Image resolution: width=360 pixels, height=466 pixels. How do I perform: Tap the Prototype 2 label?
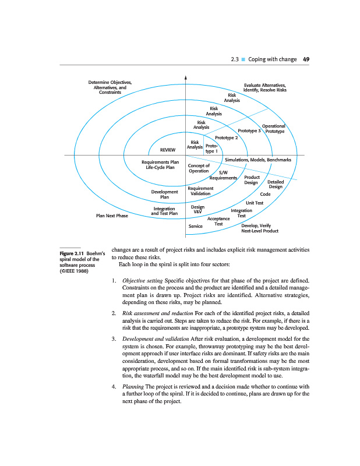point(227,137)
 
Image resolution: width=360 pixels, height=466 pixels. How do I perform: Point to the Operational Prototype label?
point(274,129)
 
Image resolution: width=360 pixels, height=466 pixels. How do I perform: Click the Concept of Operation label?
point(199,168)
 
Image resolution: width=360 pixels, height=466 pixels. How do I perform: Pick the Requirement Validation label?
point(200,191)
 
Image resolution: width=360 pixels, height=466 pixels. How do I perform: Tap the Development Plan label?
point(164,194)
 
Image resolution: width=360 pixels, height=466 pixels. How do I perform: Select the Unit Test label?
point(255,203)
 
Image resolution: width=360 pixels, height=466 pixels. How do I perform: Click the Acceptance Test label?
point(219,221)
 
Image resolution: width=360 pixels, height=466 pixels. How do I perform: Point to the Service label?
point(195,225)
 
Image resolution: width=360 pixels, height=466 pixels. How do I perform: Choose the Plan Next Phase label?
point(111,216)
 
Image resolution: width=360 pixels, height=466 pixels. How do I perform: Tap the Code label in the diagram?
point(265,194)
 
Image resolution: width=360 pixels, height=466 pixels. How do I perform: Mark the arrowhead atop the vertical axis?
point(185,76)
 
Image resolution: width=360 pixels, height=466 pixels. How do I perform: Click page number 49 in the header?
point(306,59)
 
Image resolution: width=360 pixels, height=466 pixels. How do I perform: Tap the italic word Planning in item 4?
point(133,387)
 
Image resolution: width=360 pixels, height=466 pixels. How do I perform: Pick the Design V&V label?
point(197,209)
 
